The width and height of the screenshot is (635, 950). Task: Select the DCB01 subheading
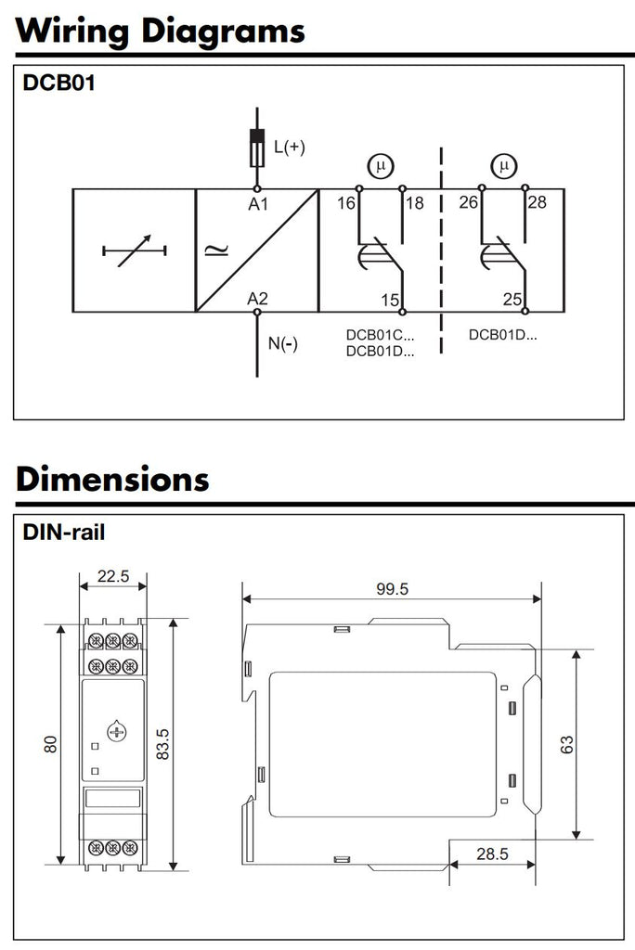coord(58,83)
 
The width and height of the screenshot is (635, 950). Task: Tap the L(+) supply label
coord(289,147)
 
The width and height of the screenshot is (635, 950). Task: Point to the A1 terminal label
coord(258,204)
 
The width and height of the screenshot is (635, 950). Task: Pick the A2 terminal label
coord(258,299)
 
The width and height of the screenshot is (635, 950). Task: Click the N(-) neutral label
coord(283,343)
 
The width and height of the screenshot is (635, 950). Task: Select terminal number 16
coord(345,203)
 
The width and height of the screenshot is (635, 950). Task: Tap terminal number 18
coord(414,203)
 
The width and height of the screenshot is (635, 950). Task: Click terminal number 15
coord(390,300)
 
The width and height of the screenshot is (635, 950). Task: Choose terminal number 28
coord(537,203)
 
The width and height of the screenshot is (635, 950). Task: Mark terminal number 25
coord(512,300)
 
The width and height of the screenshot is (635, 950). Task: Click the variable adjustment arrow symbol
coord(134,250)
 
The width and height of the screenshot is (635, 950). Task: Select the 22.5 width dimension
coord(112,576)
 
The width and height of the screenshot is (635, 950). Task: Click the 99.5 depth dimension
coord(391,588)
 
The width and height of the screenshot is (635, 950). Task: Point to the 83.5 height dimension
coord(162,744)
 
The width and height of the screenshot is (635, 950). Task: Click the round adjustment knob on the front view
coord(115,732)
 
